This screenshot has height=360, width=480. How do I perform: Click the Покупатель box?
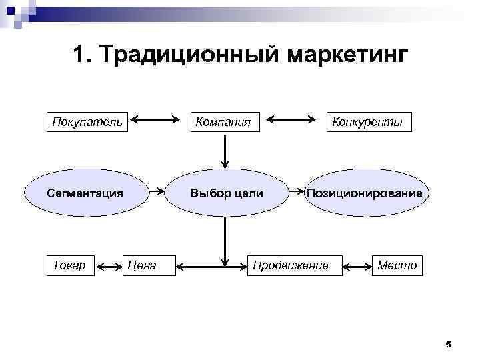click(87, 122)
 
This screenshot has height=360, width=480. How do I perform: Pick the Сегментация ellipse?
click(85, 193)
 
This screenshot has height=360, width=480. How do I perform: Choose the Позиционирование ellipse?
click(365, 193)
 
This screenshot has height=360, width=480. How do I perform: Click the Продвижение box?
click(291, 265)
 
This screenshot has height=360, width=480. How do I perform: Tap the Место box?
click(397, 265)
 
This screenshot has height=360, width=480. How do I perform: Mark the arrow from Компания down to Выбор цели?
click(225, 151)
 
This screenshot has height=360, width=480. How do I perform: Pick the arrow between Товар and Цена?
click(108, 266)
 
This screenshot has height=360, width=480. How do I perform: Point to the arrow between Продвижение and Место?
click(359, 266)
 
